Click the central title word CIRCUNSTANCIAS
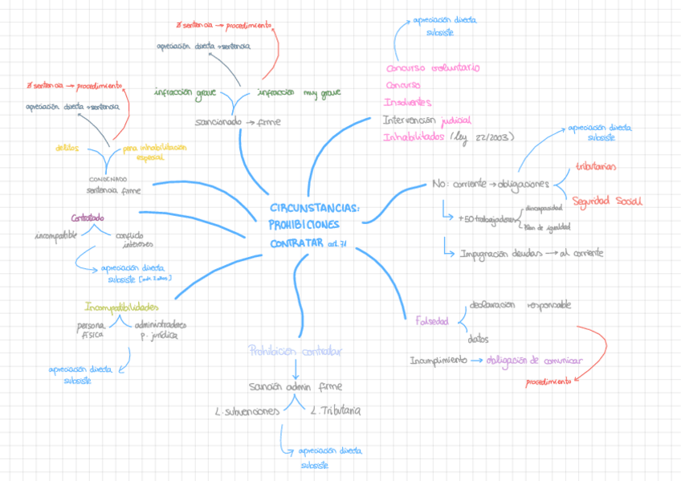pos(315,209)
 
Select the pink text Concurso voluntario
pos(432,68)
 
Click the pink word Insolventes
pos(407,103)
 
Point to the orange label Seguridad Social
pos(606,200)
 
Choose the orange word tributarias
pos(596,166)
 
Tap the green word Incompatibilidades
pos(122,307)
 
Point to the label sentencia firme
pos(113,191)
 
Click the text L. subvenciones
pos(247,411)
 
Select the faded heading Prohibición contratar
pos(296,351)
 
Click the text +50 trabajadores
pos(487,218)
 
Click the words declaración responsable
pos(520,305)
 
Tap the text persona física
pos(89,330)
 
